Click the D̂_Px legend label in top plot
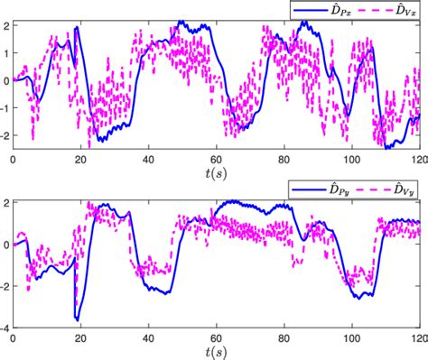pyautogui.click(x=340, y=8)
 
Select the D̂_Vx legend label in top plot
pyautogui.click(x=403, y=8)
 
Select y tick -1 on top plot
pyautogui.click(x=5, y=106)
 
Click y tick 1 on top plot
pyautogui.click(x=5, y=52)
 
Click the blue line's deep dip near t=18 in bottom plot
pyautogui.click(x=77, y=318)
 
